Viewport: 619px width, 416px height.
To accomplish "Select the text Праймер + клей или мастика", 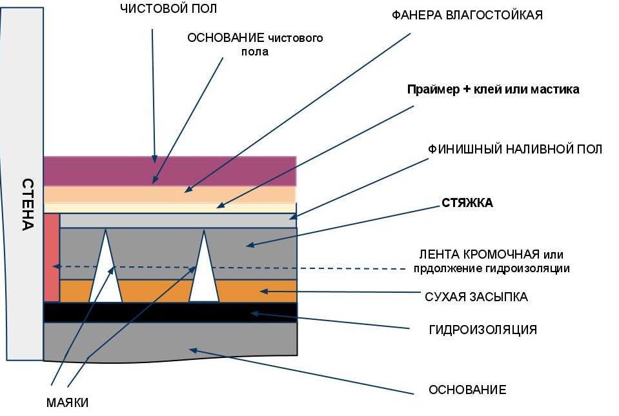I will point(492,90).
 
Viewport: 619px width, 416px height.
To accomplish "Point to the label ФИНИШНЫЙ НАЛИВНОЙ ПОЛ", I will point(515,150).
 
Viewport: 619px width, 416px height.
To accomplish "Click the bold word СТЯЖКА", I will point(467,203).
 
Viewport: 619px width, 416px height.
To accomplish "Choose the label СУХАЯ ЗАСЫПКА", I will point(476,297).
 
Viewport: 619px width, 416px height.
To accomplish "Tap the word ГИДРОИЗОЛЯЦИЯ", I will point(483,330).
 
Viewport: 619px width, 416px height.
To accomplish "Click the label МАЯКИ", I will point(67,403).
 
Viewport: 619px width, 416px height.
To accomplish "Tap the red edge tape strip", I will point(51,257).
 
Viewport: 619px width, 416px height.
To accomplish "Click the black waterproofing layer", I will point(170,312).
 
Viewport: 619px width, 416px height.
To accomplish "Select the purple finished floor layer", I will point(170,171).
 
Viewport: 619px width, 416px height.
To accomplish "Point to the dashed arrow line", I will point(258,266).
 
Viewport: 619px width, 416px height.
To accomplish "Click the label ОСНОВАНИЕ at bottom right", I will point(467,390).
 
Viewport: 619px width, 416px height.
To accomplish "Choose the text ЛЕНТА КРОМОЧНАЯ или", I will point(494,255).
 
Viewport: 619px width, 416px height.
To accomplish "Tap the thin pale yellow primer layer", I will point(170,208).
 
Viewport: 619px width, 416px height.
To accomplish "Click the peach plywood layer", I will point(170,194).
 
